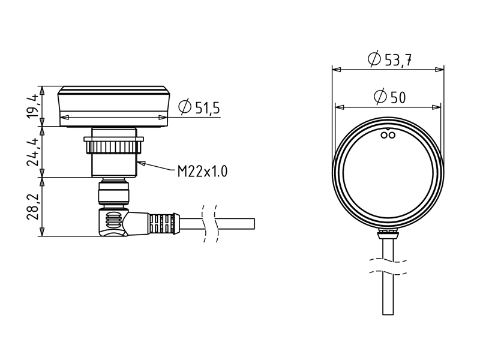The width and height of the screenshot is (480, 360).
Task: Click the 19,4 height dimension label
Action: (32, 106)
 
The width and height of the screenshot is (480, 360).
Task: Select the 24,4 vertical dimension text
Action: (32, 152)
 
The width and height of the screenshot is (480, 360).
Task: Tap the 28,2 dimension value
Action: (32, 206)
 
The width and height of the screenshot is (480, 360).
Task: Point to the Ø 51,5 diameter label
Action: (199, 107)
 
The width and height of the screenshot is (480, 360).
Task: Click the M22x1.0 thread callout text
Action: (202, 172)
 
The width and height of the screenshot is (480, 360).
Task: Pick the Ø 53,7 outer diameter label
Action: (389, 59)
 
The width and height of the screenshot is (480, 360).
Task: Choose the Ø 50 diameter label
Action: (389, 97)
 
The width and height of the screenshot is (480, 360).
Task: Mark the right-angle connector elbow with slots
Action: (113, 221)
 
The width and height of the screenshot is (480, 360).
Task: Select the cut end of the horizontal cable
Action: (254, 223)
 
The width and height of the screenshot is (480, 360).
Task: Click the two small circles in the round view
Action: (388, 134)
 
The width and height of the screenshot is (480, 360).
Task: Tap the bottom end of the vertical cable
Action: (388, 314)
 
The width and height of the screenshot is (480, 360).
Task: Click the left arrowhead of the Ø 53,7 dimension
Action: (337, 70)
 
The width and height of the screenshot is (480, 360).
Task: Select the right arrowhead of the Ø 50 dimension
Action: (437, 107)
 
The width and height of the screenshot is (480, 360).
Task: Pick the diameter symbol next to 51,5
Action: (185, 107)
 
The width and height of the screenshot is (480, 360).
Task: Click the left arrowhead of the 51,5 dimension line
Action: (65, 117)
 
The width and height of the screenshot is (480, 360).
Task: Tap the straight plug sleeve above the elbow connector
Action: (113, 193)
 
